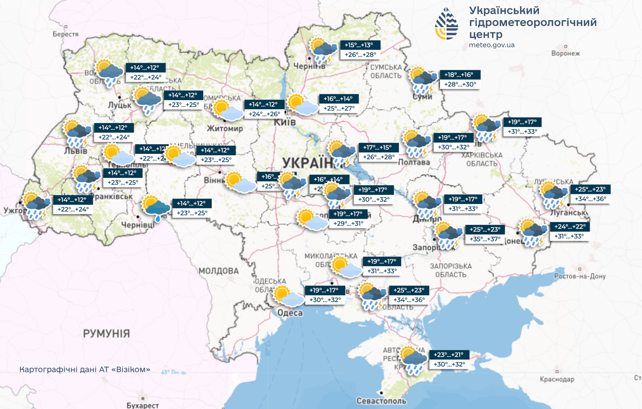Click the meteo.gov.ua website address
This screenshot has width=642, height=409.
coord(492,45)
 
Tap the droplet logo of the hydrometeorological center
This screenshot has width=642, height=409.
coord(446,24)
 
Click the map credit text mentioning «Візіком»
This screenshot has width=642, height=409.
coord(85,369)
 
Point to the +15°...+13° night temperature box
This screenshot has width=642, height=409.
coord(362,45)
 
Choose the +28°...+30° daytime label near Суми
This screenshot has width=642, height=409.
coord(461,84)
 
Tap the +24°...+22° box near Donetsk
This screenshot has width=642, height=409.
coord(569,226)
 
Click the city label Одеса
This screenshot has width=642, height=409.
coord(290,313)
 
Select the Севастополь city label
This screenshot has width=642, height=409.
coord(381,401)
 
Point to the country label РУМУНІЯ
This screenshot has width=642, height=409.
coord(106,334)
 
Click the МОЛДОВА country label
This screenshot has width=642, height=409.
coord(219,271)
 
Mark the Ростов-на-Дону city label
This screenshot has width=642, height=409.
coord(580,276)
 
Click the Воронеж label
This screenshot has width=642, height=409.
coord(565,53)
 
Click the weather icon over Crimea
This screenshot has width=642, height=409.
coord(413,361)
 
